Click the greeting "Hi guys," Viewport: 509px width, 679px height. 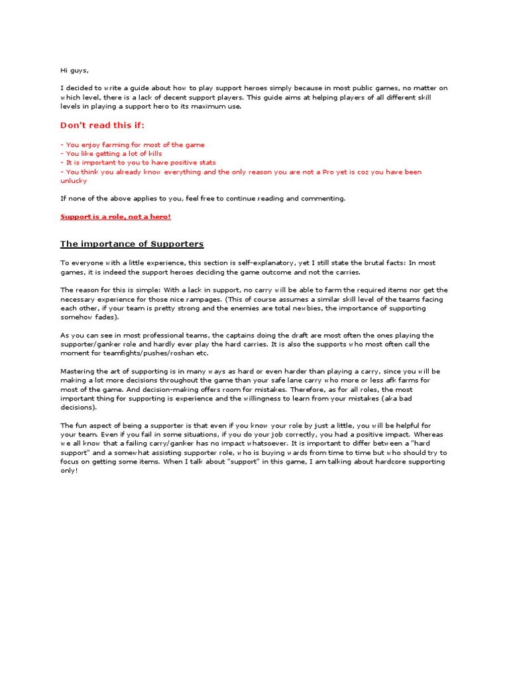click(74, 70)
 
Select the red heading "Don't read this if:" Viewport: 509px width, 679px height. click(102, 125)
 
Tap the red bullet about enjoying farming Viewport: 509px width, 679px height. click(133, 145)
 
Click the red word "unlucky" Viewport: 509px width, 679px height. click(74, 180)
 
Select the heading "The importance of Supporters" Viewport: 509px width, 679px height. click(132, 244)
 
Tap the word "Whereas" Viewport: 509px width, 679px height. click(427, 434)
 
